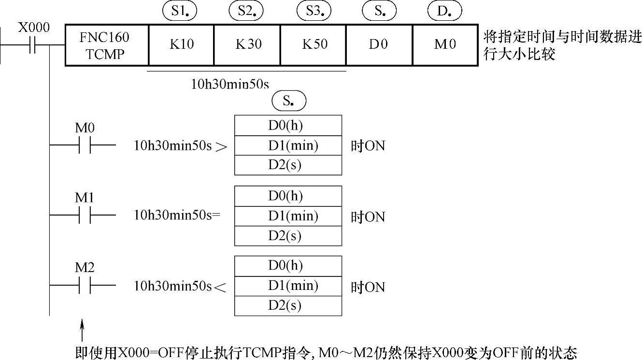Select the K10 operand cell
coord(181,45)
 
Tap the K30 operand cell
coord(248,45)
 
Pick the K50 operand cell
coord(314,45)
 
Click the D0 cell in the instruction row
coord(379,45)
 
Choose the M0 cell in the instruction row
coord(445,45)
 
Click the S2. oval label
coord(246,12)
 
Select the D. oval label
coord(444,12)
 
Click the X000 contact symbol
coord(33,45)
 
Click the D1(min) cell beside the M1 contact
coord(288,216)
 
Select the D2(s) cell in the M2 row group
coord(288,306)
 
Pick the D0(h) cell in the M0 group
coord(288,126)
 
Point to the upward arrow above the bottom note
coord(82,329)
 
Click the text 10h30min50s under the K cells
coord(230,84)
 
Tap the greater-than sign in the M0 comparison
coord(221,146)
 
